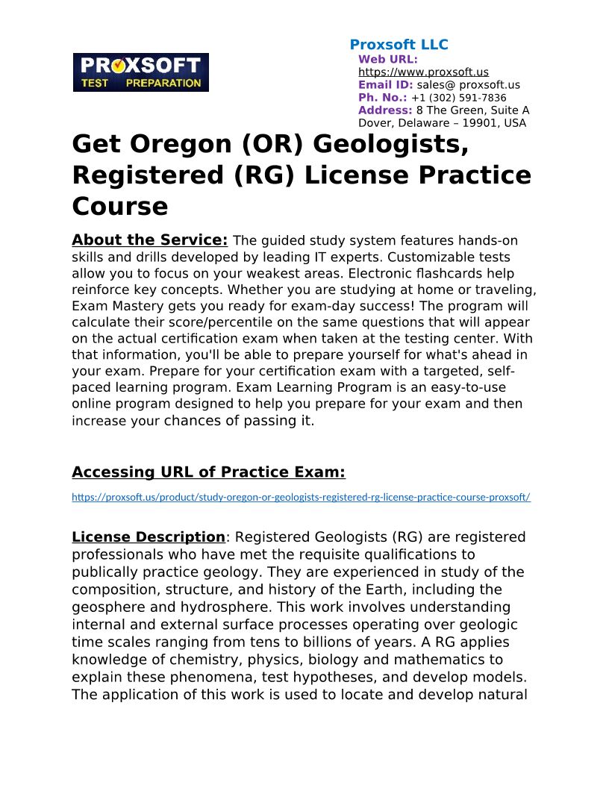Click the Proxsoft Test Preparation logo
point(140,72)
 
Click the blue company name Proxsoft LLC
point(399,45)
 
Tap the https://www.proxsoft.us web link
point(423,72)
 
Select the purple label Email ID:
point(385,85)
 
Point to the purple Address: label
point(385,110)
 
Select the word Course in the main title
point(119,206)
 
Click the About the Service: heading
point(149,240)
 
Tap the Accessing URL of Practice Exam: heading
point(208,472)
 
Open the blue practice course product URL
point(301,497)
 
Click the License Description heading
point(148,537)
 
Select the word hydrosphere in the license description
point(236,607)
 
